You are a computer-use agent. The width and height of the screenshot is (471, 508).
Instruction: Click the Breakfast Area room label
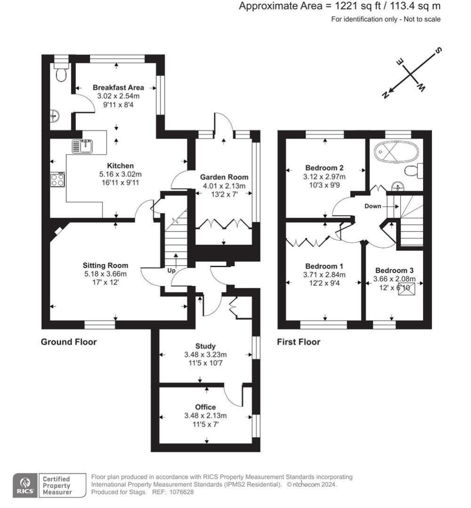click(118, 87)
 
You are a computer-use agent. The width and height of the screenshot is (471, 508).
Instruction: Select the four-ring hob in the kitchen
click(58, 180)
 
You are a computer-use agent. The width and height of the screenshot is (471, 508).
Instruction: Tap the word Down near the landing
click(373, 206)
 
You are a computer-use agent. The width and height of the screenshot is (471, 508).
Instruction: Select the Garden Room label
click(224, 177)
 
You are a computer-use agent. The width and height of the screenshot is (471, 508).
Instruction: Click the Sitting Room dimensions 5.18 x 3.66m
click(106, 273)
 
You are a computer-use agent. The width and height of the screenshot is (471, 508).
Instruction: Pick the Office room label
click(205, 407)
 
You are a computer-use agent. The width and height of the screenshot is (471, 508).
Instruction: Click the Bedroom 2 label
click(325, 168)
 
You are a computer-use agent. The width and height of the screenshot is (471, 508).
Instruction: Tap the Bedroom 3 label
click(394, 270)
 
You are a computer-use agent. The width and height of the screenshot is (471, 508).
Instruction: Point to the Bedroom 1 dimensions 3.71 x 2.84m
click(325, 275)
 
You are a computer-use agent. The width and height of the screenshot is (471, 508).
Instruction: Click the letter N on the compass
click(386, 95)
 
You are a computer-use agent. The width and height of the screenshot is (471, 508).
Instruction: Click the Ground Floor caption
click(69, 342)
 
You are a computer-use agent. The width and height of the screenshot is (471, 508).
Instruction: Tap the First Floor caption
click(299, 342)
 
